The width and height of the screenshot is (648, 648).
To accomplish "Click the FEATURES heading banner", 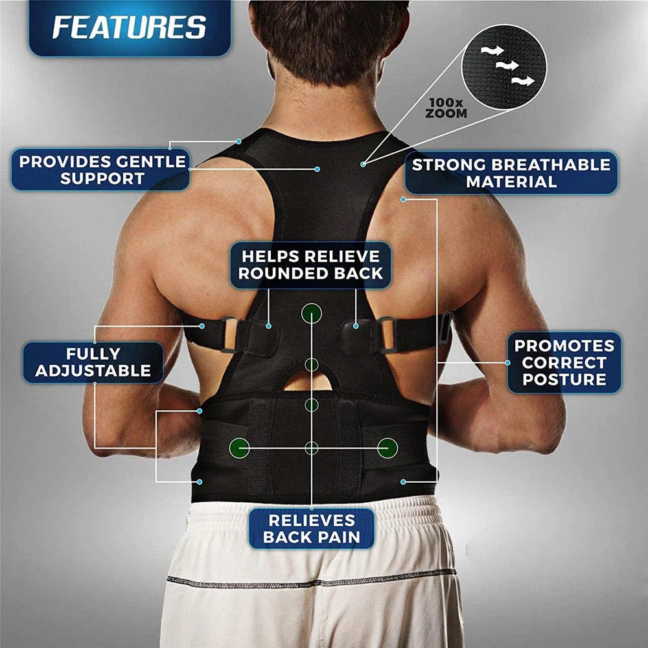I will click(x=129, y=27).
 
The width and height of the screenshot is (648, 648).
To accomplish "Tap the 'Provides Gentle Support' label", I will click(x=102, y=170).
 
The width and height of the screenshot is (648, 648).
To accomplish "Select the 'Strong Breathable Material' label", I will click(x=511, y=172).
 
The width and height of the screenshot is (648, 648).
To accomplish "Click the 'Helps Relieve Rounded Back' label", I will click(x=311, y=264).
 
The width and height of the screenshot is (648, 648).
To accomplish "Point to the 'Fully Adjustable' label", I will click(x=93, y=362).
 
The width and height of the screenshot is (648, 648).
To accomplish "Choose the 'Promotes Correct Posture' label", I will click(x=564, y=363).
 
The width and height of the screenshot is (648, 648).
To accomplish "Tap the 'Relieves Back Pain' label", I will click(x=311, y=529).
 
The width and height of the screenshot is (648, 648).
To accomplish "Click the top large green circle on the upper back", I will click(x=312, y=314).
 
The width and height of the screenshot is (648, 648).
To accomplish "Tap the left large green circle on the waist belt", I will click(x=239, y=446).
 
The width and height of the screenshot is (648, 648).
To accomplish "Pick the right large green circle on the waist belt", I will click(x=388, y=446).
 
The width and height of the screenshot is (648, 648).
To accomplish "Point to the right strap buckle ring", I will click(x=387, y=332).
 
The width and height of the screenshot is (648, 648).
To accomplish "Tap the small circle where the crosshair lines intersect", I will click(x=312, y=447).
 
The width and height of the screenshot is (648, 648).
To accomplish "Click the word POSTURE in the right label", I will click(x=564, y=380).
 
